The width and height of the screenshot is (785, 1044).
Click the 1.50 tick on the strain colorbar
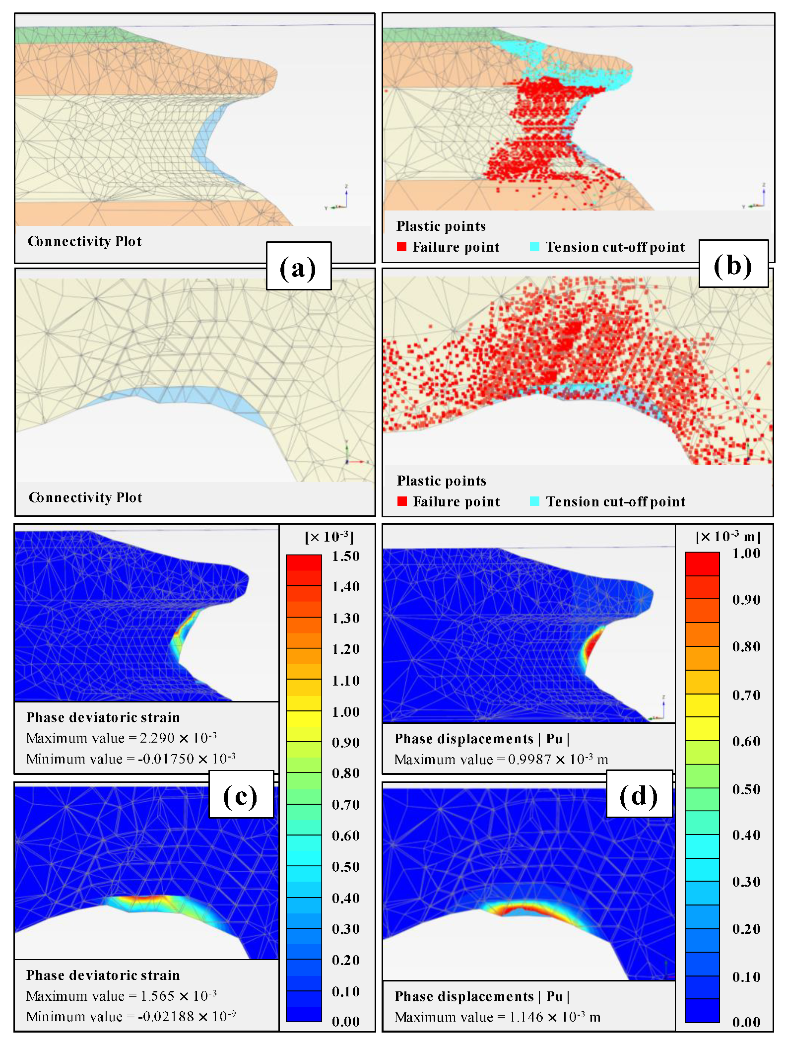(x=346, y=556)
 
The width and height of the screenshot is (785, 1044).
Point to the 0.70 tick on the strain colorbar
(x=346, y=805)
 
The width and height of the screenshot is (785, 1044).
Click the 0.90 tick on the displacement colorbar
(x=746, y=600)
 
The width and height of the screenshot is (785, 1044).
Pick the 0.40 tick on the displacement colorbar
(x=746, y=835)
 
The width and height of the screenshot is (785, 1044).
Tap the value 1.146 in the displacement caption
(x=526, y=1017)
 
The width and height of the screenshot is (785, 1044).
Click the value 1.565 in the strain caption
(x=157, y=996)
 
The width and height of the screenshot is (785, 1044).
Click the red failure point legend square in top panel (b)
(x=402, y=247)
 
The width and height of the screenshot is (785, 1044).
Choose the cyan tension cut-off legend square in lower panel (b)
(x=534, y=501)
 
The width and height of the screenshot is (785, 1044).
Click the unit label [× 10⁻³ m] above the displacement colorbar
(x=728, y=537)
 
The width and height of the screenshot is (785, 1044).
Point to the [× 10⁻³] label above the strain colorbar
(x=329, y=537)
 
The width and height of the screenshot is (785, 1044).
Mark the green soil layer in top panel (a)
(x=69, y=35)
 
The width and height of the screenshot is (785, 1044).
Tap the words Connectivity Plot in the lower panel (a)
(x=85, y=497)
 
